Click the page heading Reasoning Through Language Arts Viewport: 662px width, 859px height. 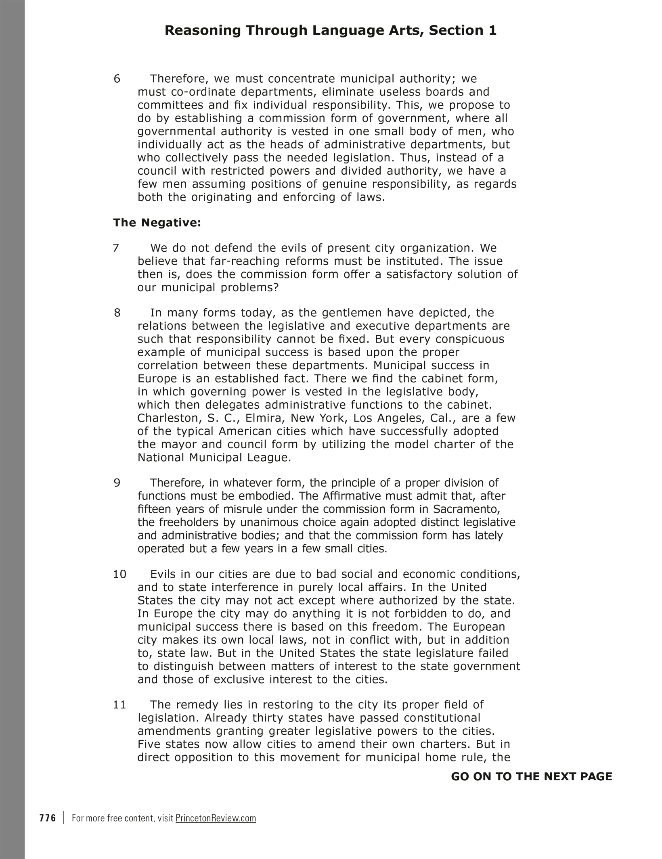point(330,31)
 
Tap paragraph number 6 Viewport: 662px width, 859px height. point(117,79)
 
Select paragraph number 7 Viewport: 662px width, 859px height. point(116,248)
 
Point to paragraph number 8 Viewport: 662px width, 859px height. point(117,313)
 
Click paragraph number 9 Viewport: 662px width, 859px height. point(117,483)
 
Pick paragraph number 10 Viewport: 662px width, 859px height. point(120,574)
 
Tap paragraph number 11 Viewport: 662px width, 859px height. point(120,705)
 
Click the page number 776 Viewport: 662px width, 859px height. point(48,818)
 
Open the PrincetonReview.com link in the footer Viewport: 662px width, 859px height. point(216,818)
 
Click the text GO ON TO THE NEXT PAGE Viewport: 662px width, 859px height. point(531,776)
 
